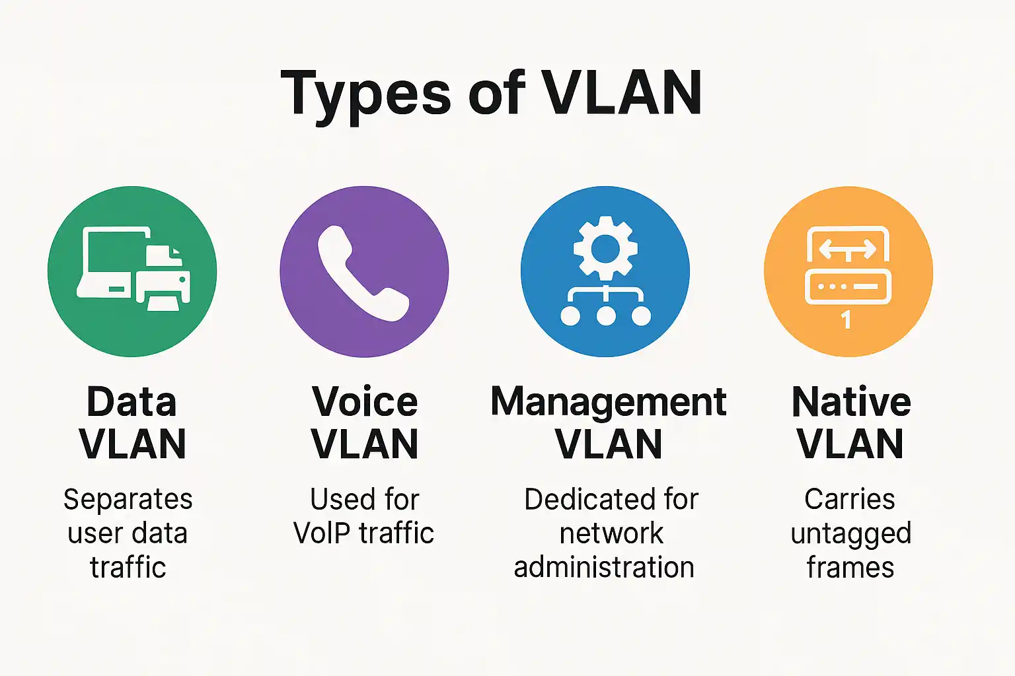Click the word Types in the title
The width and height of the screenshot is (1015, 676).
(365, 94)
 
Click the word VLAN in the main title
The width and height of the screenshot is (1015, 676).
(622, 93)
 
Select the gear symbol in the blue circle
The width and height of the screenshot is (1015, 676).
(605, 248)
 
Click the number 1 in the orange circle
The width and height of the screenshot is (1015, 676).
(846, 320)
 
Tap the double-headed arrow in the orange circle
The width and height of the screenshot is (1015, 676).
(847, 250)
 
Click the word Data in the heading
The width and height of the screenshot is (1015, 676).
(132, 402)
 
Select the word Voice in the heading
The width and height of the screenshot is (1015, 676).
(365, 402)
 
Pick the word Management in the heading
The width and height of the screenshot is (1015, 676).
(608, 402)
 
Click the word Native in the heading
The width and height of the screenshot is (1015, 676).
(851, 402)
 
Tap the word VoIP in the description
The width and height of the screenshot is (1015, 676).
(322, 533)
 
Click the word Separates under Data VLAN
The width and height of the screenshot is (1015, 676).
(128, 499)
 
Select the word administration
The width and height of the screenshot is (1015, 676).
(604, 568)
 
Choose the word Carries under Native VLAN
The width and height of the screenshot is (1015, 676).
(850, 499)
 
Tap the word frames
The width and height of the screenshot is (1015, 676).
(850, 568)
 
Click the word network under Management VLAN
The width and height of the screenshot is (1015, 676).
(611, 533)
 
